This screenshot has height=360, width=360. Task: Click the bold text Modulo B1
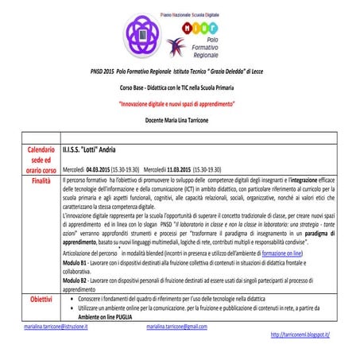click(75, 261)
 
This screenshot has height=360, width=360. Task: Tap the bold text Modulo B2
click(75, 281)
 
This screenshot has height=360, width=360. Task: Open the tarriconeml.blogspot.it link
click(300, 335)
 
